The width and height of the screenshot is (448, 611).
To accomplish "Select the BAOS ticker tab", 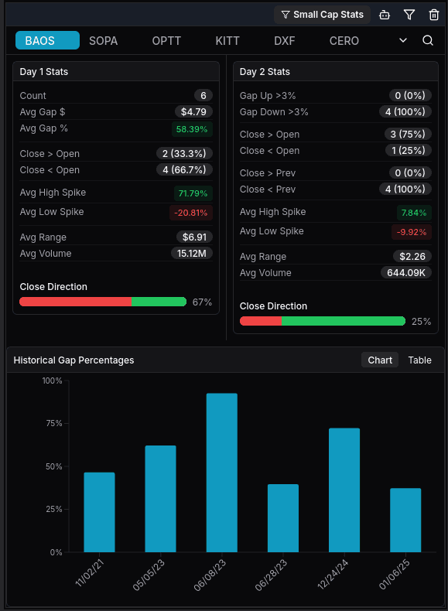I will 47,40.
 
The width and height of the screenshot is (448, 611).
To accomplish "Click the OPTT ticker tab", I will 166,40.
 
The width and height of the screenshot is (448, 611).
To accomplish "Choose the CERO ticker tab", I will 344,40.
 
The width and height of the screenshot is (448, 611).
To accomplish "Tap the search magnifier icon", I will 428,40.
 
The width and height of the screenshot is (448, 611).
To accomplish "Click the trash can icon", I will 434,15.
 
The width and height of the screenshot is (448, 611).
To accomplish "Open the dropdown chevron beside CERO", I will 403,40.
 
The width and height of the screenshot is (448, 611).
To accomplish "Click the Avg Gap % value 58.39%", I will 192,128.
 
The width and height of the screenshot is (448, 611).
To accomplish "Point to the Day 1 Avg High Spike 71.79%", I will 192,193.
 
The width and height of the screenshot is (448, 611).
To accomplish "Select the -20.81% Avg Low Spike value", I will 190,212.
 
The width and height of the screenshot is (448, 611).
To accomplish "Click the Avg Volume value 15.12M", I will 192,253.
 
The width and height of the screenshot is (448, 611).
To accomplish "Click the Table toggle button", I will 419,360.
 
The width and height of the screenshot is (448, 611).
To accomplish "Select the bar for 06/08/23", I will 221,473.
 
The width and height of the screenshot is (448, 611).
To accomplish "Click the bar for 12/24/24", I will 344,490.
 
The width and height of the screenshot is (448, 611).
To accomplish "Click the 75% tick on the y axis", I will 53,423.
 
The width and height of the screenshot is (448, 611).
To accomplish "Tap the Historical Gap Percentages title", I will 74,360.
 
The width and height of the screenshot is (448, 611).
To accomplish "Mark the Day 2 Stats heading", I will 265,72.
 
